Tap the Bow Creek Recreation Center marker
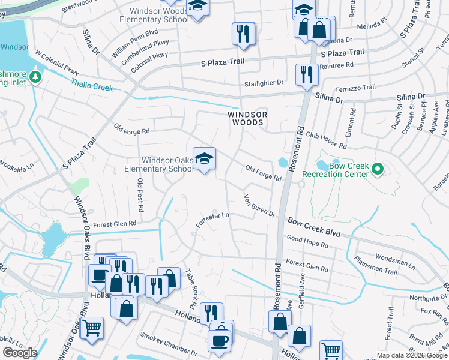click(378, 170)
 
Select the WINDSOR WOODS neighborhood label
click(246, 118)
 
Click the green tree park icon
click(36, 77)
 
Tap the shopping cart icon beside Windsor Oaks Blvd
click(92, 328)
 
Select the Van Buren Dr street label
click(259, 206)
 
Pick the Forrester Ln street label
click(213, 220)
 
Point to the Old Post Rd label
click(140, 195)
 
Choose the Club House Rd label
click(326, 141)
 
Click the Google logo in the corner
click(20, 352)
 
